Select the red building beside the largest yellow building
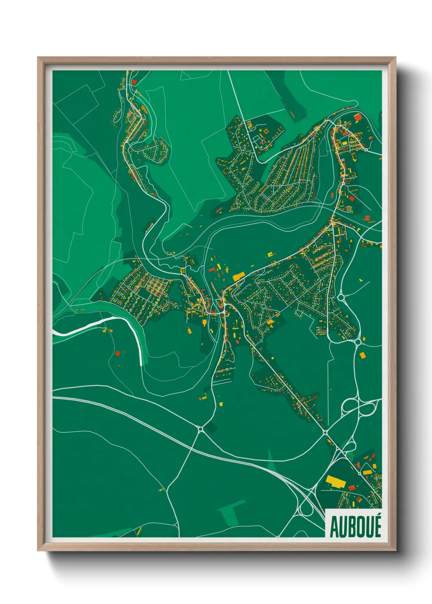point(352,487)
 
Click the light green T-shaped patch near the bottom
point(231,511)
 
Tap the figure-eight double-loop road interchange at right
point(359,406)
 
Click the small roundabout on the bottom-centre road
point(200,429)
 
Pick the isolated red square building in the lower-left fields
point(118,353)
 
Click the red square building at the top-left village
point(134,82)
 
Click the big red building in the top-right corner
point(358,118)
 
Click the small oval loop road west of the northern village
point(117,116)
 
